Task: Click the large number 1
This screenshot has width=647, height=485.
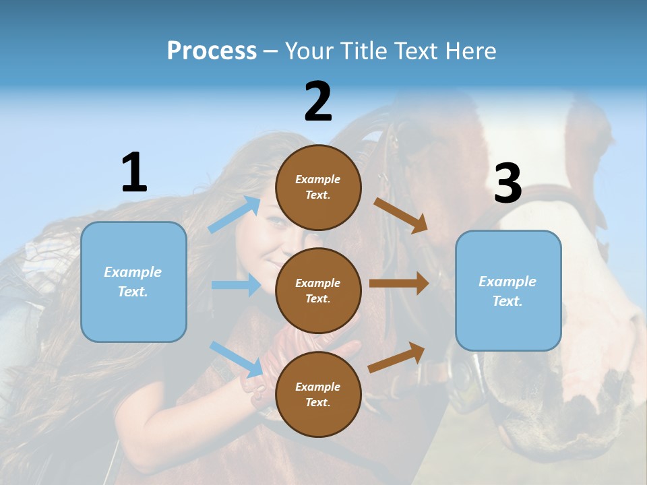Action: tap(134, 173)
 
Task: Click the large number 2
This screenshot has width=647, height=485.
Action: tap(318, 102)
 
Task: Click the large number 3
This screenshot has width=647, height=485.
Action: tap(507, 183)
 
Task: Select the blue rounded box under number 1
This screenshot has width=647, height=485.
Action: tap(133, 282)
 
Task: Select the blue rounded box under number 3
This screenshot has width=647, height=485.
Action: tap(508, 291)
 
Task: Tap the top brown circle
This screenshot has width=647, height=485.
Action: tap(318, 187)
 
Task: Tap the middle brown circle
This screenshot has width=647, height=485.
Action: tap(318, 291)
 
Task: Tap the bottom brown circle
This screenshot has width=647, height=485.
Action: tap(318, 395)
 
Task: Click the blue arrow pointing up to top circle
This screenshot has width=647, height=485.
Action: tap(235, 214)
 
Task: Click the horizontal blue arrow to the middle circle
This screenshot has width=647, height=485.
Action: tap(236, 285)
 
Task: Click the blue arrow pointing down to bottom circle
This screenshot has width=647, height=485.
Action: tap(236, 358)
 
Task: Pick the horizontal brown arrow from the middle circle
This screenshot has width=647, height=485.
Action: tap(399, 284)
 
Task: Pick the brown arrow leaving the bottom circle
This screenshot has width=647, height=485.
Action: tap(397, 357)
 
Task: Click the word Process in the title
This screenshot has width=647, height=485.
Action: tap(212, 51)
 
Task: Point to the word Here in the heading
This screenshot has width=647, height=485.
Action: tap(469, 51)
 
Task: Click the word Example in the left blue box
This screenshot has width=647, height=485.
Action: tap(133, 272)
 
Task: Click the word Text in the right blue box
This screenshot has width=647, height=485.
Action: tap(507, 301)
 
